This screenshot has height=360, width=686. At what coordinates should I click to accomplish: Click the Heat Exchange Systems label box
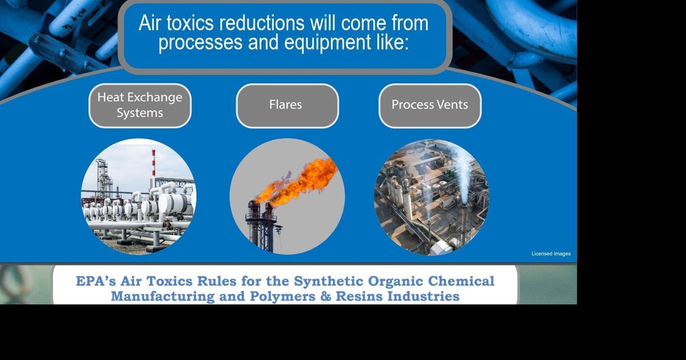pos(140,105)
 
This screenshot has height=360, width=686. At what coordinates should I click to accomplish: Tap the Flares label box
pos(287,105)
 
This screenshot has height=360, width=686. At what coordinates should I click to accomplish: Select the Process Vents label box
pos(430,105)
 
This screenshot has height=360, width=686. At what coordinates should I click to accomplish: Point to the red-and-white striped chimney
pos(153,163)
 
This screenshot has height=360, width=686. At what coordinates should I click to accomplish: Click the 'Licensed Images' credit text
pos(551,254)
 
